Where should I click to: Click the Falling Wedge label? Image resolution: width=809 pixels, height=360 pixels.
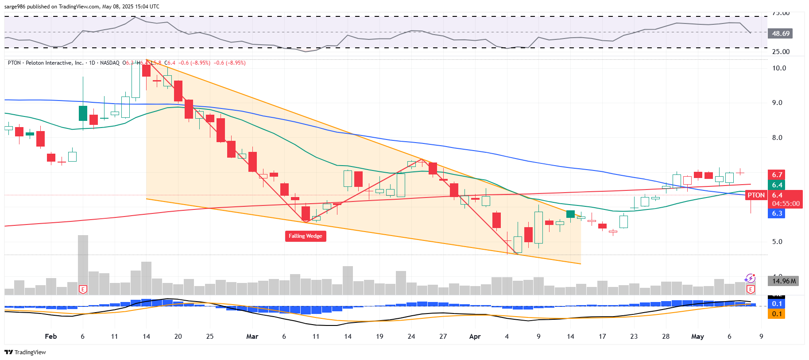(305, 236)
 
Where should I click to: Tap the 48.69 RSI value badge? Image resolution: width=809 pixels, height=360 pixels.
(780, 34)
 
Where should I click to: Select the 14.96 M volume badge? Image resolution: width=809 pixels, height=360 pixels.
(783, 281)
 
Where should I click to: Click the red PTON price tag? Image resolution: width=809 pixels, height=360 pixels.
(756, 195)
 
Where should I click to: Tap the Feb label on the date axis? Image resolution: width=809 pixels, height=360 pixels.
(51, 337)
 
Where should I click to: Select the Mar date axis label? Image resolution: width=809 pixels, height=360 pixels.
(252, 337)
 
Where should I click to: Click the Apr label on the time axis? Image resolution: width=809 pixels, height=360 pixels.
(475, 337)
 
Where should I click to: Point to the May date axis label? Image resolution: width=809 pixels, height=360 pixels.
(697, 337)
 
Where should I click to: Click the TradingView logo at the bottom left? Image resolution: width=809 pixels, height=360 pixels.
(25, 352)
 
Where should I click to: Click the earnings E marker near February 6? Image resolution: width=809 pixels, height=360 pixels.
(83, 290)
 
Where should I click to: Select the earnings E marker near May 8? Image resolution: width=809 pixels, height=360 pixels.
(750, 290)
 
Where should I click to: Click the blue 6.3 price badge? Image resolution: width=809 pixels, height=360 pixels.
(777, 213)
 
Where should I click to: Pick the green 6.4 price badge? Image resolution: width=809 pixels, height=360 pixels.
(777, 185)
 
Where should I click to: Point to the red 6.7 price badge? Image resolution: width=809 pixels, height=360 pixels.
(777, 175)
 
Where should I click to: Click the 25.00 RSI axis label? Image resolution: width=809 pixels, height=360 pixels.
(781, 52)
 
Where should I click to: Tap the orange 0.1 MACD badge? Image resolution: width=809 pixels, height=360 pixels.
(777, 314)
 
